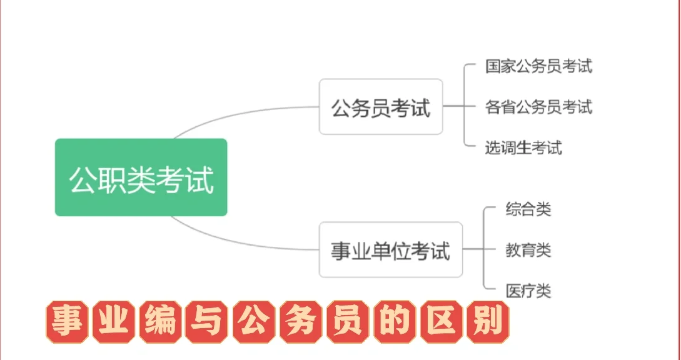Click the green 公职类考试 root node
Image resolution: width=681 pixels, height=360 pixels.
point(141,177)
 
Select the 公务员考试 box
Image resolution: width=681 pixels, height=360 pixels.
point(381,107)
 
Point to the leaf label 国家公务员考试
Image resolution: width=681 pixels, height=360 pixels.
point(538,66)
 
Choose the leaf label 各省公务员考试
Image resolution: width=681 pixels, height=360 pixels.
point(538,107)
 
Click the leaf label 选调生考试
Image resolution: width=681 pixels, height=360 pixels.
point(523,147)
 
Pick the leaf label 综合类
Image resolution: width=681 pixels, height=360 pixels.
point(528,209)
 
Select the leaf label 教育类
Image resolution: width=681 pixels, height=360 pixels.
point(528,250)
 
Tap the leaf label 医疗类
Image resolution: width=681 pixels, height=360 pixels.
point(528,291)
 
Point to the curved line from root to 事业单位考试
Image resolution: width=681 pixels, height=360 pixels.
point(238,242)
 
